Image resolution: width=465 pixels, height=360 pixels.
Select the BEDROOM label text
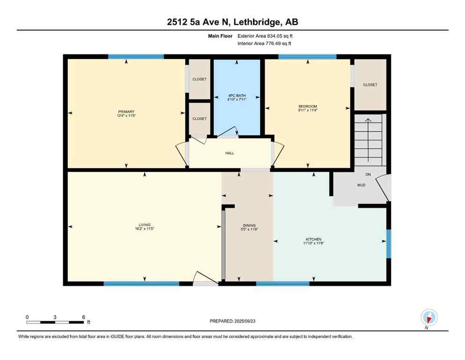pyautogui.click(x=308, y=106)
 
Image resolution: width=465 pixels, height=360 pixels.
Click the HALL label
pyautogui.click(x=229, y=153)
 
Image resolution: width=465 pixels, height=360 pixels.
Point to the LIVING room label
pyautogui.click(x=144, y=225)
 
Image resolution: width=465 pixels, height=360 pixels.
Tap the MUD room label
pyautogui.click(x=361, y=185)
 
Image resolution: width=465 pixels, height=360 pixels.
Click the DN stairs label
pyautogui.click(x=368, y=174)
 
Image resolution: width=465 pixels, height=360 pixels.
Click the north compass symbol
pyautogui.click(x=428, y=317)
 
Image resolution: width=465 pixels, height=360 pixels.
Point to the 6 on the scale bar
pyautogui.click(x=83, y=317)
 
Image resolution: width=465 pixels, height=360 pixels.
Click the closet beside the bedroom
pyautogui.click(x=370, y=85)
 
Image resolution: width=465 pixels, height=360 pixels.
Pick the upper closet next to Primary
pyautogui.click(x=199, y=79)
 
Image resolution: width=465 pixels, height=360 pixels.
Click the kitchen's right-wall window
pyautogui.click(x=388, y=244)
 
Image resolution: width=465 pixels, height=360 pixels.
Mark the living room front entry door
pyautogui.click(x=205, y=279)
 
